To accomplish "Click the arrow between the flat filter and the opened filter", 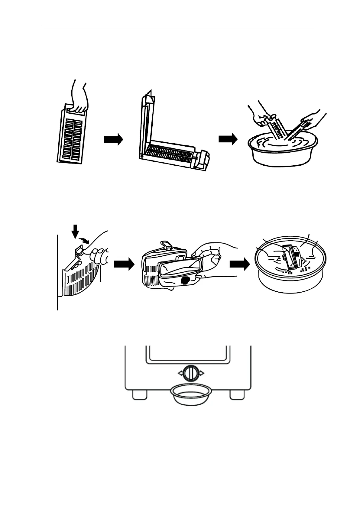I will [x=113, y=139].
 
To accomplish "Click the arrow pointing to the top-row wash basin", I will [x=228, y=139].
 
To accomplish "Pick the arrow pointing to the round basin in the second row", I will [x=239, y=264].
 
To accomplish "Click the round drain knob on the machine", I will [x=191, y=373].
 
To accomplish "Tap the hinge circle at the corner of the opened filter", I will [x=141, y=157].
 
